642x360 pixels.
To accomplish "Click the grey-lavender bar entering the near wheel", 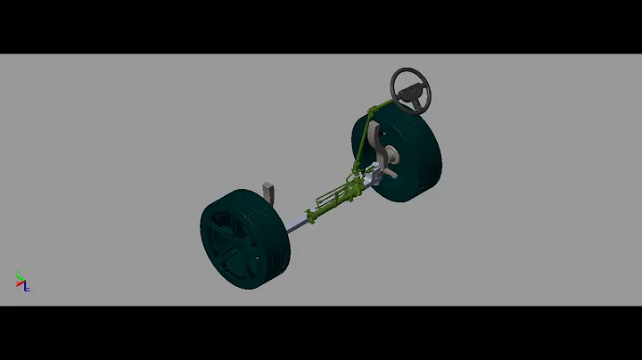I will click(x=298, y=220).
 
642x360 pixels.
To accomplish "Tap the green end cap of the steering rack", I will click(x=311, y=215).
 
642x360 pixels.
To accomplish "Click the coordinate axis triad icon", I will click(x=22, y=282).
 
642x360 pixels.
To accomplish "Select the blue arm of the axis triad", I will click(x=27, y=288).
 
